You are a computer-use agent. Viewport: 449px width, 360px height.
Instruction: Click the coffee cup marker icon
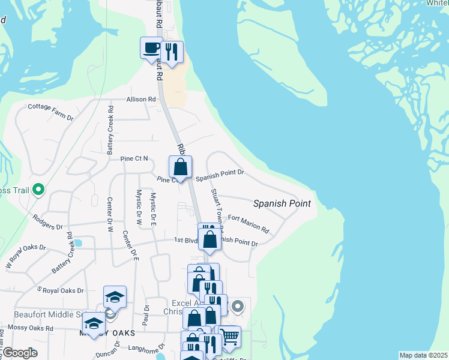tap(151, 47)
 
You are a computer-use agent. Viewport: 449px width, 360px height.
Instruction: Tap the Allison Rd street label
tap(141, 99)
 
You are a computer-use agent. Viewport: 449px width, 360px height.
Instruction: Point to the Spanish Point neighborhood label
tap(282, 203)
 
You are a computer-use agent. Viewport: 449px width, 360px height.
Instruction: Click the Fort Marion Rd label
tap(249, 224)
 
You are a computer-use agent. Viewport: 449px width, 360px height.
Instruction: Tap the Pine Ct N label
tap(134, 158)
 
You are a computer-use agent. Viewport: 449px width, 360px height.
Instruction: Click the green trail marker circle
tap(39, 190)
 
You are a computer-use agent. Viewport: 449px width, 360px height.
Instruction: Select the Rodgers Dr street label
tap(48, 223)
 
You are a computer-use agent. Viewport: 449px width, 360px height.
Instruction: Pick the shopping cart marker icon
tap(231, 337)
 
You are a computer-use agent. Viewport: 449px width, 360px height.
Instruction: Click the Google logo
tap(20, 353)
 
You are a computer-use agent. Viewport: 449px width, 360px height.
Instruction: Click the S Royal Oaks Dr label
tap(60, 290)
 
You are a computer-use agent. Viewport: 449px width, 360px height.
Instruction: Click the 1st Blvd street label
tap(186, 239)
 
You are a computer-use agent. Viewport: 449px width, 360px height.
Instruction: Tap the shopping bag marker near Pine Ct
tap(180, 167)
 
